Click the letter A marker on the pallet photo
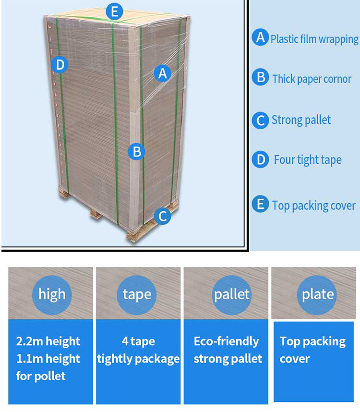click(x=163, y=73)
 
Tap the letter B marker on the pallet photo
click(x=136, y=152)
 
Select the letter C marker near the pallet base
click(x=163, y=216)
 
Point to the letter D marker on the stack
click(x=60, y=65)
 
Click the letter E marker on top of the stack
click(x=114, y=12)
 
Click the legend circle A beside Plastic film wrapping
click(x=260, y=37)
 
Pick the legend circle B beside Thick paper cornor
click(x=260, y=77)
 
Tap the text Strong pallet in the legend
click(x=301, y=120)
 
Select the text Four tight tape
click(x=308, y=160)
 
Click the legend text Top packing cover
click(x=314, y=206)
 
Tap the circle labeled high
click(x=52, y=295)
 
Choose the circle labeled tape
click(x=136, y=295)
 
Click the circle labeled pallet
click(x=231, y=295)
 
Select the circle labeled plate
click(x=317, y=295)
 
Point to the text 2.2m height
click(x=48, y=341)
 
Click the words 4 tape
click(x=138, y=341)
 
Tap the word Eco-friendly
click(x=227, y=341)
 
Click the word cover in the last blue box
click(x=295, y=359)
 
